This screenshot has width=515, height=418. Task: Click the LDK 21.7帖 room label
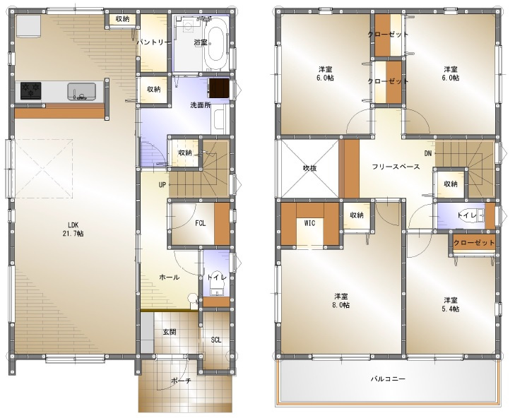73,229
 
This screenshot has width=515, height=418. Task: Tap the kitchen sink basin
82,92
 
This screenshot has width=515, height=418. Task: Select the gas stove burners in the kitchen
31,90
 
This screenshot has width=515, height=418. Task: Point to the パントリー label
153,42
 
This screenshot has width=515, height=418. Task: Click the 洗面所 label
201,105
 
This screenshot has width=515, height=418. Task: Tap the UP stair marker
162,185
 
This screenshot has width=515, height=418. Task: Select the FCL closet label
201,223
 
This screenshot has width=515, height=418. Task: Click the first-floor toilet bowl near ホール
216,278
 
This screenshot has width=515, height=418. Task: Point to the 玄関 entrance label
170,332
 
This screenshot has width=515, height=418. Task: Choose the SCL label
215,340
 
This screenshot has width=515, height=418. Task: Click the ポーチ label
181,381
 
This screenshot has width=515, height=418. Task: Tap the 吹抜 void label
309,168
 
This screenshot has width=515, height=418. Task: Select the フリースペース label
396,167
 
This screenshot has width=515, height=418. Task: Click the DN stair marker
428,153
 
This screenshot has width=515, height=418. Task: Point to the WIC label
309,223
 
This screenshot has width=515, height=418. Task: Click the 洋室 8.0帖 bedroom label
342,301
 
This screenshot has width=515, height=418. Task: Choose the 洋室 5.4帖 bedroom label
451,304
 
